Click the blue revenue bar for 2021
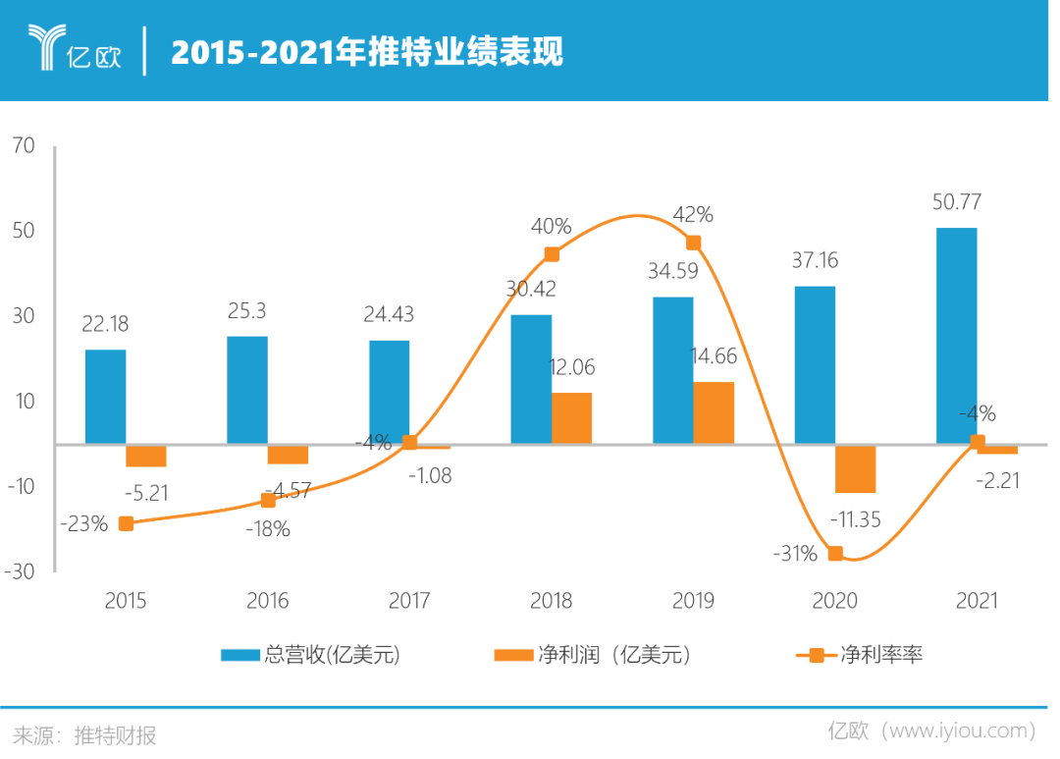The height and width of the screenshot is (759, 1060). [x=955, y=335]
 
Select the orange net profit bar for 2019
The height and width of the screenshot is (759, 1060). [x=714, y=412]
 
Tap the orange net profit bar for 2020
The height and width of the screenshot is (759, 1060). [x=856, y=468]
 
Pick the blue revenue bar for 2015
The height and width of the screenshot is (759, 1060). [x=105, y=396]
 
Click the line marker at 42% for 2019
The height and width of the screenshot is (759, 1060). [x=693, y=243]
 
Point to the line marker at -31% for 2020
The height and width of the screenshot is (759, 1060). [x=835, y=554]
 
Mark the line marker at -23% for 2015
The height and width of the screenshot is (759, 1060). [x=126, y=523]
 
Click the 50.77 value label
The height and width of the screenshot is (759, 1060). [x=955, y=203]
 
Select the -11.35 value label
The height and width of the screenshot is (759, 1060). [x=855, y=517]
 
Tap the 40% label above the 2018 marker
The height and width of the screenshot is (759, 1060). [x=551, y=226]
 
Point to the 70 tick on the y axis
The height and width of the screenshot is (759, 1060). [x=24, y=146]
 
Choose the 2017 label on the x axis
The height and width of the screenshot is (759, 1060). [x=409, y=601]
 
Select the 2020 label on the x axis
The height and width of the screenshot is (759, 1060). [x=835, y=601]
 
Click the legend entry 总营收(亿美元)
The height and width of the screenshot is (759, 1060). [x=310, y=655]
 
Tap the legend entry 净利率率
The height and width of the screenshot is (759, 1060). [x=859, y=655]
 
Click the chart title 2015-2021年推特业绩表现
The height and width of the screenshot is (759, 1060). [x=367, y=52]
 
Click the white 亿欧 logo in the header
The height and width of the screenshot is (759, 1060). [x=75, y=49]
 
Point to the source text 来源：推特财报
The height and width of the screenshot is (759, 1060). [x=84, y=734]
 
